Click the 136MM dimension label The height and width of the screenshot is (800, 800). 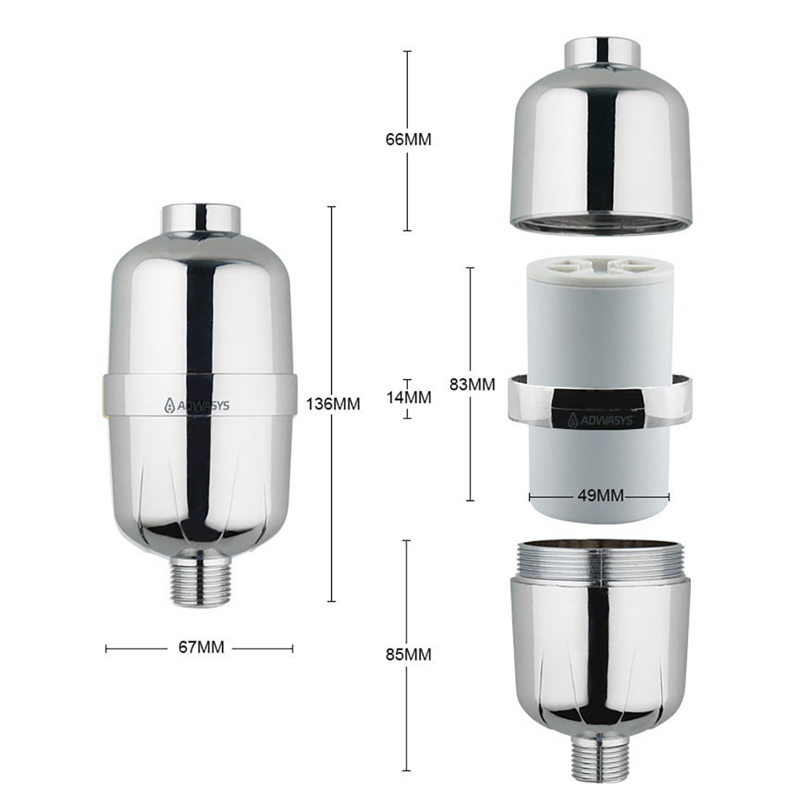[332, 404]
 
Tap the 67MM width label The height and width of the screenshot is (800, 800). [201, 647]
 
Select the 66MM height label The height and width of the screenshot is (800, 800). [408, 140]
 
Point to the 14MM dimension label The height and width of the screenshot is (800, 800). [408, 397]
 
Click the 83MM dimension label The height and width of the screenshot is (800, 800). [472, 384]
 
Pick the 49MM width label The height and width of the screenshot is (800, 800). [601, 495]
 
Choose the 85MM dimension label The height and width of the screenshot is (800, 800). [408, 655]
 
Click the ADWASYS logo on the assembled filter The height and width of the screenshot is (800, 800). [196, 406]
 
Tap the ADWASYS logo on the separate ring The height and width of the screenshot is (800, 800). [600, 420]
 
